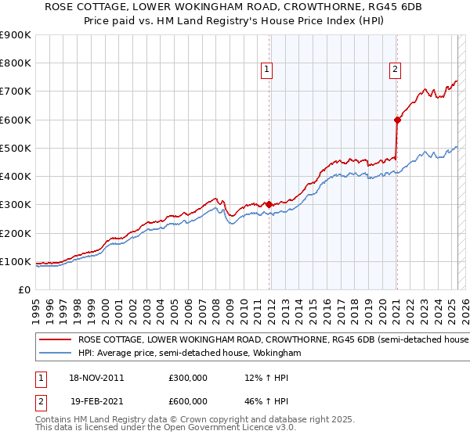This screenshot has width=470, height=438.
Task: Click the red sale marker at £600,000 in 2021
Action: coord(397,120)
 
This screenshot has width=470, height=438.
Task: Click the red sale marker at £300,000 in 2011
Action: coord(269,205)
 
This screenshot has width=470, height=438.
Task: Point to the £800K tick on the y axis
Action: coord(16,63)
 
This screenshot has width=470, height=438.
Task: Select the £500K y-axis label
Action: coord(16,148)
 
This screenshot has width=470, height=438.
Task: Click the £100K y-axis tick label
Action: coord(16,261)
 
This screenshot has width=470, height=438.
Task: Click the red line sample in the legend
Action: coord(55,340)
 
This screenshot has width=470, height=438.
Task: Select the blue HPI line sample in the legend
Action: coord(55,354)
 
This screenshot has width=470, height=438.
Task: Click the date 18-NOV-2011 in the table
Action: coord(96,377)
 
